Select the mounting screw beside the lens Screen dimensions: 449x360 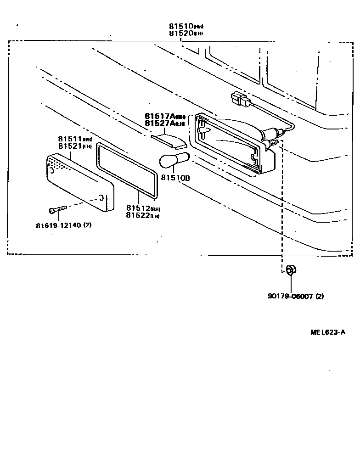click(57, 209)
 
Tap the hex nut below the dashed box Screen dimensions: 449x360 click(290, 270)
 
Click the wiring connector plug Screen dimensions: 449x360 click(240, 100)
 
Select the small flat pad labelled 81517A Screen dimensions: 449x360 click(168, 138)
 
